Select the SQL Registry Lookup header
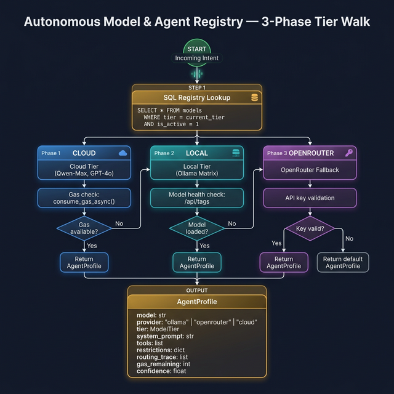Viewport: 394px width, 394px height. click(x=197, y=97)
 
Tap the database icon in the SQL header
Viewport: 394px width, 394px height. click(x=254, y=97)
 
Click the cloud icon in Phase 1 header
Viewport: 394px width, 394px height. click(x=123, y=153)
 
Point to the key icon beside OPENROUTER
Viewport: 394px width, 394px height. click(x=348, y=153)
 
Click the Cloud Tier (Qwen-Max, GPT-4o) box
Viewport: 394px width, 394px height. click(x=83, y=170)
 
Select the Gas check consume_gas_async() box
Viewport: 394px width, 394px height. click(x=83, y=198)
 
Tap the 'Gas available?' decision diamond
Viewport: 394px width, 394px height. click(x=84, y=228)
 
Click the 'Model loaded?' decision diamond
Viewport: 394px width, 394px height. click(x=197, y=228)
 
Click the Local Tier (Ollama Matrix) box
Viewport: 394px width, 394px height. click(x=197, y=170)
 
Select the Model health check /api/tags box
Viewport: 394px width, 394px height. click(x=197, y=198)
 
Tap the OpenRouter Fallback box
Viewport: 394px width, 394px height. click(x=310, y=170)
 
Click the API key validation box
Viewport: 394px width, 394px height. click(x=310, y=198)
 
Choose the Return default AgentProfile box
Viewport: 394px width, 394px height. click(x=343, y=262)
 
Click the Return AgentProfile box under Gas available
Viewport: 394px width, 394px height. click(x=84, y=262)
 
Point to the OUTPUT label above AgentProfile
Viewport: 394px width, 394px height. click(x=197, y=290)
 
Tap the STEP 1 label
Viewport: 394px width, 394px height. click(x=197, y=87)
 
